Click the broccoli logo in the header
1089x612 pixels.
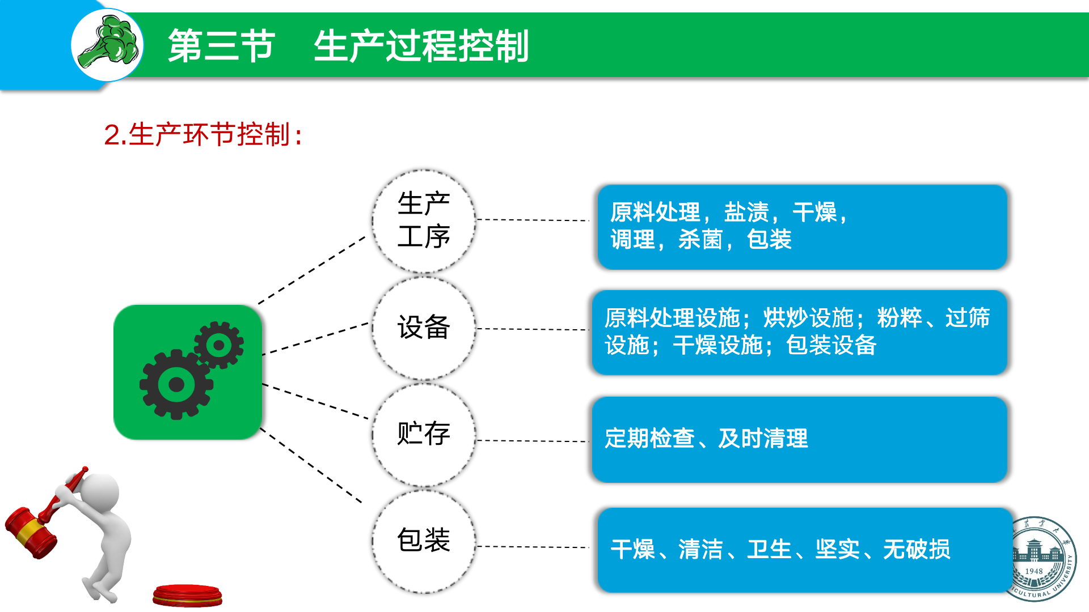pos(108,44)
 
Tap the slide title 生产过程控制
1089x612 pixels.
pos(421,46)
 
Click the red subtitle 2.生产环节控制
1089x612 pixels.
pos(203,135)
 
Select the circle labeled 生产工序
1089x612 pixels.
pos(423,220)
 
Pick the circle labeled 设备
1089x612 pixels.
pos(423,328)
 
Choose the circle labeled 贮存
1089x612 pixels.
pos(423,434)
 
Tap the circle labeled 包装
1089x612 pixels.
pos(423,541)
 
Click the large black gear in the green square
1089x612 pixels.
pos(176,385)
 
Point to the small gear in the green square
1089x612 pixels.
pos(219,345)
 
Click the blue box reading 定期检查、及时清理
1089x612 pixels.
pos(799,439)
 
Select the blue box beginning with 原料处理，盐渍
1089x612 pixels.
pos(802,227)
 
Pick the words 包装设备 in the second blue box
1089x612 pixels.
pos(831,345)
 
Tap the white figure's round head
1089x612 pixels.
pos(100,491)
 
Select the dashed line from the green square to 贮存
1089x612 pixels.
pos(315,401)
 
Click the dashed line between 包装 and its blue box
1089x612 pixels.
pos(533,547)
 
